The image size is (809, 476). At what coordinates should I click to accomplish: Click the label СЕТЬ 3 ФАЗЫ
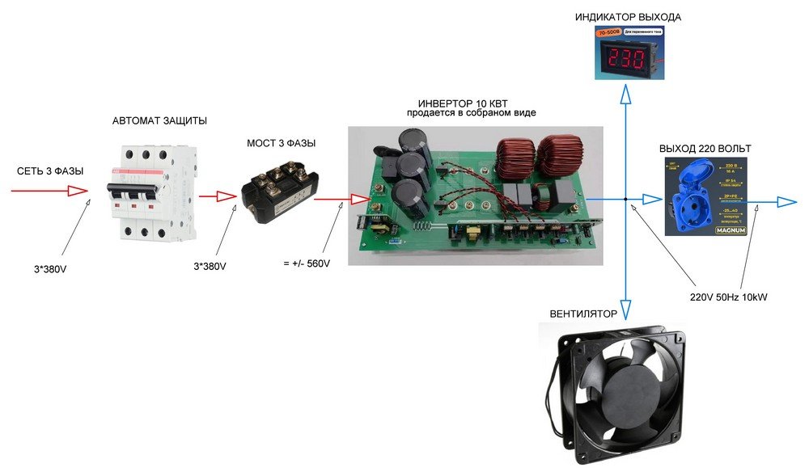coord(50,171)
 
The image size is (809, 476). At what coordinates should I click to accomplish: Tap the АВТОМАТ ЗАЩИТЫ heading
coord(159,121)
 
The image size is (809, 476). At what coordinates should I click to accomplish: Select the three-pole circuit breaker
coord(151,193)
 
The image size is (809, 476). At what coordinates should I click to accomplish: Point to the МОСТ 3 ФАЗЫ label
coord(281,144)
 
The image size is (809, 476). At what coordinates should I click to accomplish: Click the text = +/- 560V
coord(307,264)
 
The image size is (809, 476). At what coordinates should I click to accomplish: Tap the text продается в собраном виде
coord(471,114)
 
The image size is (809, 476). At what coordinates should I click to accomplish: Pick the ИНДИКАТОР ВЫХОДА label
coord(628,17)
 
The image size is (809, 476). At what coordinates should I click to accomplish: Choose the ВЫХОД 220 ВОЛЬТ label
coord(705,149)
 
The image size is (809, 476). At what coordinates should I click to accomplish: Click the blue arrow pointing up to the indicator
coord(626,95)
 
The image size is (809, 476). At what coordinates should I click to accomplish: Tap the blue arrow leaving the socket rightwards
coord(784,200)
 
